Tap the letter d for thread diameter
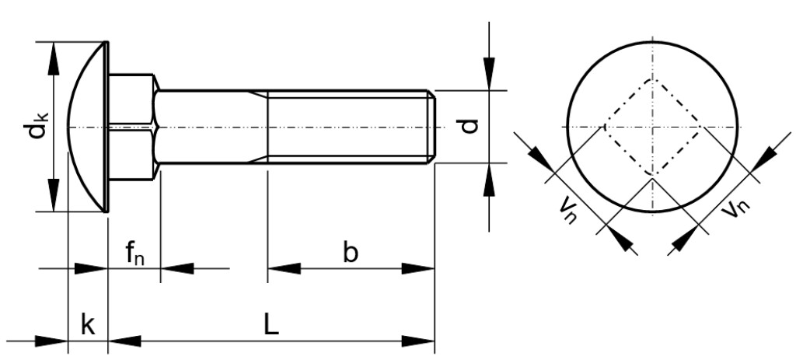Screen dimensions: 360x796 470,126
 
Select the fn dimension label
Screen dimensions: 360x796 134,253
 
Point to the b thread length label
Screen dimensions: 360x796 351,253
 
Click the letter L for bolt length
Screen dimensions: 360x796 270,325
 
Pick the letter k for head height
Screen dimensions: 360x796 88,325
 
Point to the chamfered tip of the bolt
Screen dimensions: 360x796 431,126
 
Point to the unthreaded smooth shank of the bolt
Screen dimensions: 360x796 210,126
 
